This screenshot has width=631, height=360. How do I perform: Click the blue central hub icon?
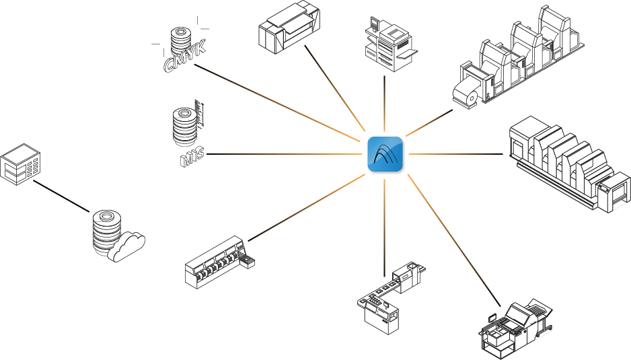tap(385, 154)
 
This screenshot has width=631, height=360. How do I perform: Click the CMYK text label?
tap(185, 57)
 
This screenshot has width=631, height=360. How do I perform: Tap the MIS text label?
tap(192, 157)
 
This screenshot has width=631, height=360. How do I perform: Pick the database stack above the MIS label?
tap(185, 126)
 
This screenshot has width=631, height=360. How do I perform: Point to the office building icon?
tap(20, 164)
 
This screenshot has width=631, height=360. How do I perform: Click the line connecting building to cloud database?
tap(61, 196)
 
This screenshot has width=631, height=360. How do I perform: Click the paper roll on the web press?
tap(466, 95)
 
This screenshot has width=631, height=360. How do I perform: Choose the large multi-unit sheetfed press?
tap(569, 164)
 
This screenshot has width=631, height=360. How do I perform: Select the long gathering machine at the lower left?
tap(220, 262)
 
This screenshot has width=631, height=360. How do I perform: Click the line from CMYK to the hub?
tap(277, 103)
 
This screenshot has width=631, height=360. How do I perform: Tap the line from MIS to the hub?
tap(284, 154)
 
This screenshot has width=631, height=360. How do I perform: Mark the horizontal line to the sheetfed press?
tap(455, 154)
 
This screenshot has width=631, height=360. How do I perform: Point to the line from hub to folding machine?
tap(454, 240)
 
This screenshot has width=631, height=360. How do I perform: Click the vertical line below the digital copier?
tap(385, 104)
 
